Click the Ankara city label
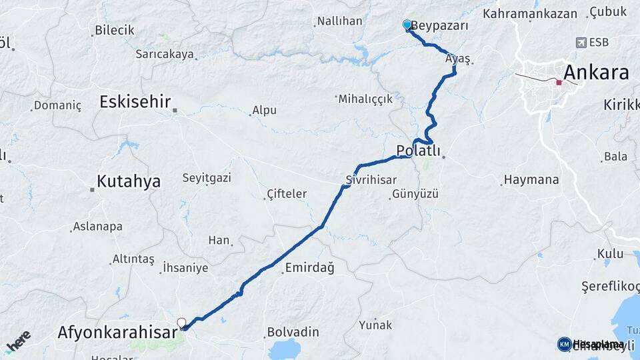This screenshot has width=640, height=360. pos(596,72)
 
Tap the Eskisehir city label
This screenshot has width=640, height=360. pos(135,102)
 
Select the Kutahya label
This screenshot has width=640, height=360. pos(129,181)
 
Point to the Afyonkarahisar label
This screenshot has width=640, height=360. pos(117,331)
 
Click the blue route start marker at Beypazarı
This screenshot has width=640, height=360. pos(407,25)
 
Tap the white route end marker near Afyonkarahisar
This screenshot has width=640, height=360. pos(181,323)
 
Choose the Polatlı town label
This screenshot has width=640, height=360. pos(418,151)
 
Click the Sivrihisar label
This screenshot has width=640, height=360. pos(371,180)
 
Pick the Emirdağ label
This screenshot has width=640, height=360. pos(309,268)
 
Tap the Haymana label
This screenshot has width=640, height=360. pos(531,180)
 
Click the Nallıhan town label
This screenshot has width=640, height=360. pos(339,21)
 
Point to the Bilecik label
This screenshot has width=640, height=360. pos(115,30)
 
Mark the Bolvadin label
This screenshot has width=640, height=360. pos(293,332)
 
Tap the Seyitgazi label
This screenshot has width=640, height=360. pos(207,178)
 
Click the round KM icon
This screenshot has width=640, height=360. pos(564,344)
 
